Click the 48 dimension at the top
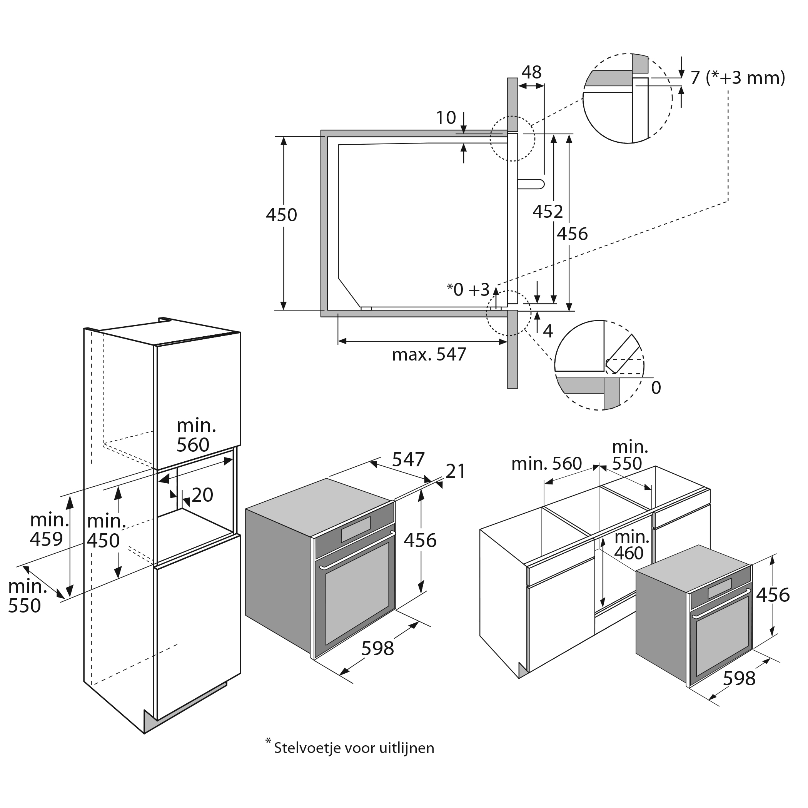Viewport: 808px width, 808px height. click(x=531, y=72)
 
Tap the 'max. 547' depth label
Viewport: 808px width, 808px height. click(x=429, y=355)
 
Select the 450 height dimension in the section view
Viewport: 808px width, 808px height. click(x=282, y=215)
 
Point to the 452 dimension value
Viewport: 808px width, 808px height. click(x=548, y=212)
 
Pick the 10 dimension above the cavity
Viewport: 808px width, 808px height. click(x=446, y=118)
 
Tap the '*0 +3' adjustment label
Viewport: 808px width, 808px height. click(x=468, y=289)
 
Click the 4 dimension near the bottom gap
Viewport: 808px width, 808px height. click(x=548, y=331)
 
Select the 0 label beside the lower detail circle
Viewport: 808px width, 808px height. click(x=656, y=388)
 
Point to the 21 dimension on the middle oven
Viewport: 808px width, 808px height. click(x=456, y=471)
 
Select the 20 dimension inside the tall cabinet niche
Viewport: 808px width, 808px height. click(x=202, y=495)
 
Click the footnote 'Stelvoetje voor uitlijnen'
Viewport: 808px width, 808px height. click(x=354, y=747)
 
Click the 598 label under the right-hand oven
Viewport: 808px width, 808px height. click(x=739, y=678)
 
